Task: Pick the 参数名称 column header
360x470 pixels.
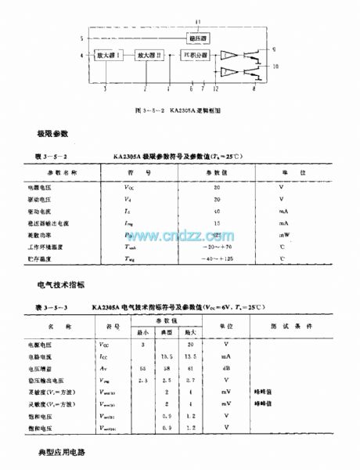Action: coord(62,171)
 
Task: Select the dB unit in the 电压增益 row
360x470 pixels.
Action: coord(226,368)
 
